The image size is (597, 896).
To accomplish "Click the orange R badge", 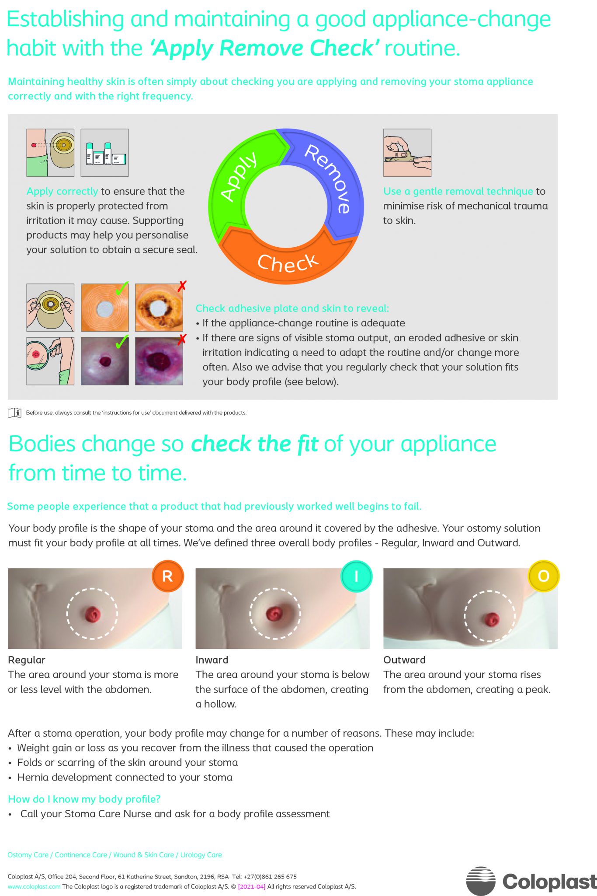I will tap(167, 576).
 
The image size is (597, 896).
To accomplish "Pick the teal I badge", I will tap(356, 576).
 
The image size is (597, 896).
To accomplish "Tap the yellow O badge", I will tap(543, 576).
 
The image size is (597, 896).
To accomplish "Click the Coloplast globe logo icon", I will tap(481, 881).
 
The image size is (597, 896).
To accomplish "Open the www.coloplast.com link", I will tap(34, 887).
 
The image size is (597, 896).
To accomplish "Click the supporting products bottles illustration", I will tap(105, 153).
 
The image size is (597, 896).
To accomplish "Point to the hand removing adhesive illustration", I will tap(407, 153).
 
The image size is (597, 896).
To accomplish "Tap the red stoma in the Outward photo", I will tap(492, 619).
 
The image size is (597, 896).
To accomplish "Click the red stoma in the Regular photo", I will tap(93, 614).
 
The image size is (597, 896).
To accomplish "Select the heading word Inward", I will tap(212, 660).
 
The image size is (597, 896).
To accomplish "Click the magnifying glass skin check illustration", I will tap(50, 361).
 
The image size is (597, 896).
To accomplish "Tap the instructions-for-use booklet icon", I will tap(14, 413).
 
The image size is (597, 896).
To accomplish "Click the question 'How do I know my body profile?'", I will tap(84, 799).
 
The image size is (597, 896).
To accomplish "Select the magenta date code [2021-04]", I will tap(252, 887).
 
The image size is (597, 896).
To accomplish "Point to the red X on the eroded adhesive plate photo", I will tap(182, 286).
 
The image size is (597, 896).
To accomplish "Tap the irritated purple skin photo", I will tap(159, 361).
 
